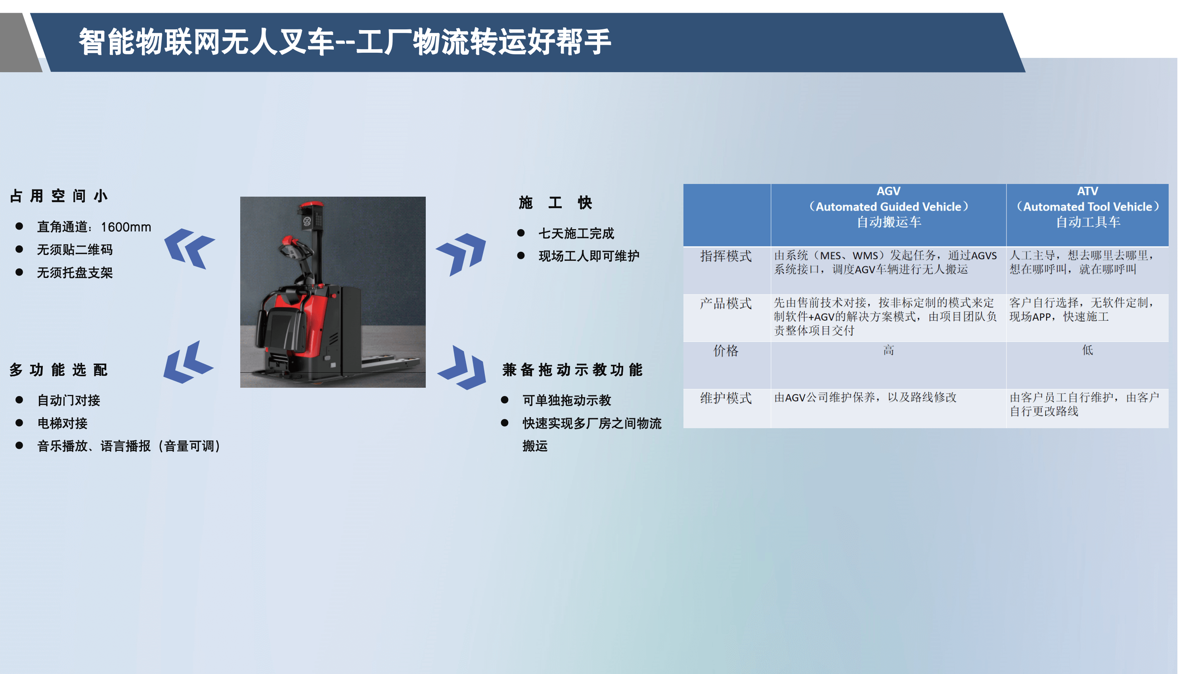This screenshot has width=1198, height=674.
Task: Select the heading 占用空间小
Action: tap(59, 196)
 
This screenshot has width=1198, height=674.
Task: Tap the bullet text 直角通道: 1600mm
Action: tap(94, 227)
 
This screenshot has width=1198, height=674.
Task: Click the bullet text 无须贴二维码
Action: tap(75, 250)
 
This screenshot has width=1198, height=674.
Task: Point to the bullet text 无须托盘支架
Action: tap(75, 273)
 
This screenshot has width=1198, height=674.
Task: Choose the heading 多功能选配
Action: tap(59, 370)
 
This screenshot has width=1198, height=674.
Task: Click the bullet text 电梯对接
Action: tap(62, 423)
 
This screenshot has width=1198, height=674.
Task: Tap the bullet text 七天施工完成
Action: tap(576, 234)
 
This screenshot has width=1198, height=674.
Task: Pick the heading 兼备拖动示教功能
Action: tap(572, 370)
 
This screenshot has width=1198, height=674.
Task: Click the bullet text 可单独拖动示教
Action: tap(566, 400)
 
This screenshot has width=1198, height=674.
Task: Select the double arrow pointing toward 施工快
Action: tap(461, 254)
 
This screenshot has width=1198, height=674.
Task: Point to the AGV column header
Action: tap(888, 207)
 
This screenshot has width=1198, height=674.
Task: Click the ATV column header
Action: tap(1087, 207)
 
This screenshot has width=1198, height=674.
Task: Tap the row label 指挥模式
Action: tap(726, 256)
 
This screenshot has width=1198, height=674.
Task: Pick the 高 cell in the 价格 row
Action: tap(888, 350)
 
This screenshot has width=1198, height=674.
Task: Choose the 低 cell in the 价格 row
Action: tap(1087, 350)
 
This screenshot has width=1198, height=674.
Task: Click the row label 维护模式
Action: tap(726, 398)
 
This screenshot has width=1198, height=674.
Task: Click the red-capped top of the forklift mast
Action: tap(311, 205)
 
